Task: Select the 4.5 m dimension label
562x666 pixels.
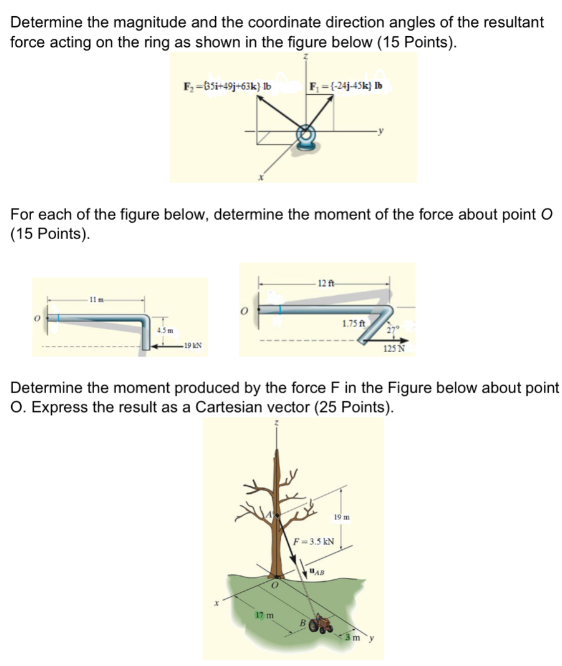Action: click(x=165, y=329)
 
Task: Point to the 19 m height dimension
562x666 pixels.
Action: click(x=342, y=517)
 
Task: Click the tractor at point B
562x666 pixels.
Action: click(x=323, y=624)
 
